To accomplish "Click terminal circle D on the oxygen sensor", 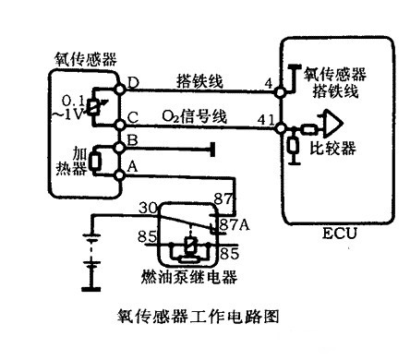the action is click(x=119, y=90).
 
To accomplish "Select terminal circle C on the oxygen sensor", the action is click(x=119, y=125).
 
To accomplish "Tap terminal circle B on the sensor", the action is click(x=119, y=148).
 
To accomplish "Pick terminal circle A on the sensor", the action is click(x=119, y=175).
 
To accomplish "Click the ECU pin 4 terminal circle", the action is click(x=280, y=91).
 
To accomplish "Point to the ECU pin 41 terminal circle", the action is click(x=281, y=127).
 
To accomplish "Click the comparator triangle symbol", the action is click(x=332, y=124).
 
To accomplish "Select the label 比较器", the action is click(x=333, y=149).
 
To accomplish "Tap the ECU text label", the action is click(x=340, y=234).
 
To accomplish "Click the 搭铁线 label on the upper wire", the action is click(x=199, y=81).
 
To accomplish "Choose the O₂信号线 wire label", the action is click(x=195, y=116).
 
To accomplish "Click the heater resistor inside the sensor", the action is click(x=95, y=162).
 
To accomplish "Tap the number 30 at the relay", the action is click(x=148, y=209).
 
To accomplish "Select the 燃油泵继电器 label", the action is click(x=189, y=277).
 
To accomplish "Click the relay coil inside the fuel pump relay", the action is click(x=190, y=246).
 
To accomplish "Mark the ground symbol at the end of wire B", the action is click(x=212, y=150).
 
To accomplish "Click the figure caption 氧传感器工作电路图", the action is click(x=199, y=317).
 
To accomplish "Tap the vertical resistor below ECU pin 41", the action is click(x=293, y=146).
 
